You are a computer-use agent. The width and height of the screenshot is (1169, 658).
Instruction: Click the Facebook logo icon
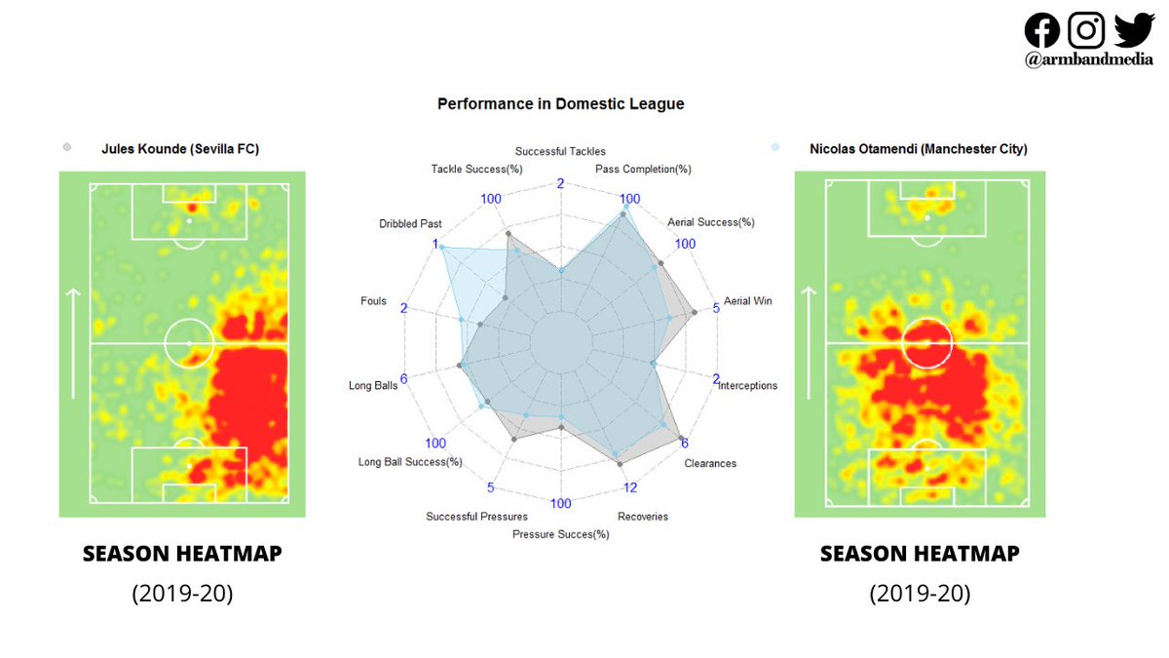pos(1042,29)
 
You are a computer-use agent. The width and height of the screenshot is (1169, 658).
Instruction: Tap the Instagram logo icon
pos(1086,29)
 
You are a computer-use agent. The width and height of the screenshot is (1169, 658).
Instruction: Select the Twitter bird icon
pos(1134,29)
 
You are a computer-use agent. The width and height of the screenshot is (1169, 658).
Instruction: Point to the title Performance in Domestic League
pos(560,103)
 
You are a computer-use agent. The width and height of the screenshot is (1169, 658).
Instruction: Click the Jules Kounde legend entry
pos(179,149)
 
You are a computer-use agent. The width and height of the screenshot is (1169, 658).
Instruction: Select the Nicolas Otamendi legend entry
pos(918,149)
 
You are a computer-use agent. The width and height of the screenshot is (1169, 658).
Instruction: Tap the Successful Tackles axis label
pos(560,151)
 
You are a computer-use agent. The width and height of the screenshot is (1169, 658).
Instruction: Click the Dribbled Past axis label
pos(410,224)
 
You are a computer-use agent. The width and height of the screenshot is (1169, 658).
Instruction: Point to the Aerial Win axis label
pos(747,301)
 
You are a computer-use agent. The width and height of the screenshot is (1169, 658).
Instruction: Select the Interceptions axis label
pos(748,386)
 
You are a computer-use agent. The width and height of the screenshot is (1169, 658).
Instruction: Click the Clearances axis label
pos(710,463)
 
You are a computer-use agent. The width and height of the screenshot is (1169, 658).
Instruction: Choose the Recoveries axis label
pos(643,517)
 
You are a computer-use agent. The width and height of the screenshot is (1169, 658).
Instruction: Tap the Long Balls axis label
pos(373,386)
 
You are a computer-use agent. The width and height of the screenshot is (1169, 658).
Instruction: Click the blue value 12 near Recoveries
pos(630,487)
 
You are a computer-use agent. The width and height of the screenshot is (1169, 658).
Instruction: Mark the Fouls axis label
pos(373,301)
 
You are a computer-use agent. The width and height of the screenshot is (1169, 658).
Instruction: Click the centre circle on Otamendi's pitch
pos(926,343)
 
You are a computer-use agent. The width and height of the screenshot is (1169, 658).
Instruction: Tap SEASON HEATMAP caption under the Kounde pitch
pos(182,554)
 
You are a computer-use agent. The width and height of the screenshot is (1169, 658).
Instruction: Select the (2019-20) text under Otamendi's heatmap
pos(920,594)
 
